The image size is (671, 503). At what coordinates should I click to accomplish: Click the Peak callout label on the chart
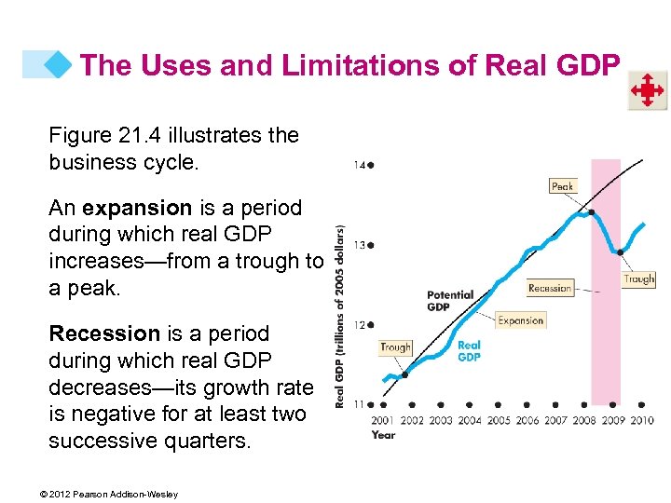[x=562, y=186]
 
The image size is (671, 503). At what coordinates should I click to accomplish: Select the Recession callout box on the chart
[x=550, y=288]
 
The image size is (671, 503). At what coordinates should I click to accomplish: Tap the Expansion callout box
[x=520, y=320]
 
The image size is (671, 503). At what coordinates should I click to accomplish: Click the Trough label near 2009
[x=638, y=279]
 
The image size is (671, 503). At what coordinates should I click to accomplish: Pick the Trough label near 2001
[x=395, y=347]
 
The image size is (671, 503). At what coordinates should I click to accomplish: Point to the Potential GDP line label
[x=450, y=301]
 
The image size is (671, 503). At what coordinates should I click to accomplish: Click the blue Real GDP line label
[x=469, y=350]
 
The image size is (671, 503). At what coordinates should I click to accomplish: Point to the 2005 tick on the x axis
[x=499, y=420]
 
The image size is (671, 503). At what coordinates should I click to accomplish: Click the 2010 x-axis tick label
[x=642, y=420]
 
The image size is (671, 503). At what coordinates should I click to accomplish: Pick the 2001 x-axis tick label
[x=383, y=420]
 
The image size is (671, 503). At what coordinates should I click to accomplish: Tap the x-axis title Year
[x=383, y=434]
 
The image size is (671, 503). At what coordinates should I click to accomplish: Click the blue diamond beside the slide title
[x=62, y=64]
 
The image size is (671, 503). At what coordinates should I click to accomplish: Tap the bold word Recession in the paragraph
[x=104, y=333]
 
